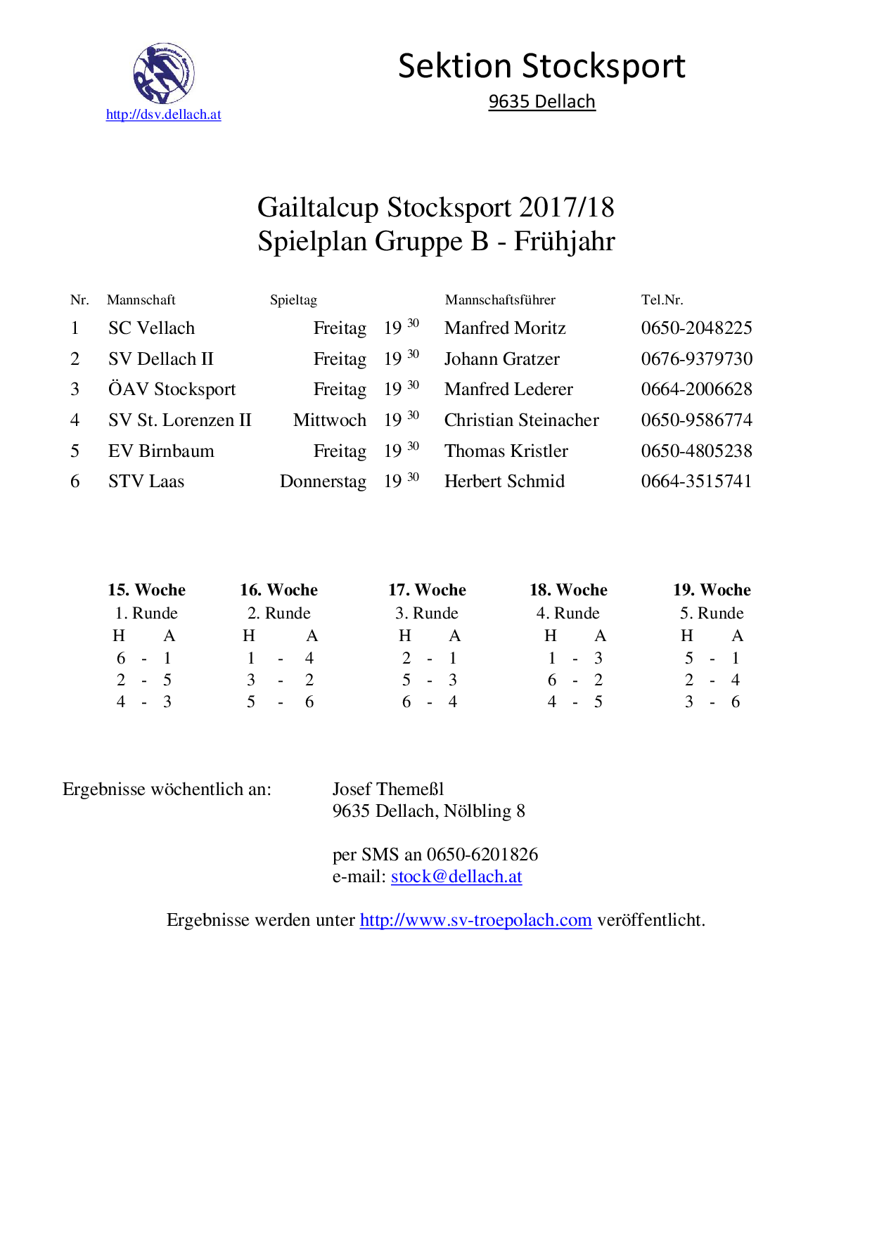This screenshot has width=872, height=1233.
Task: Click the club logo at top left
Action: [x=164, y=73]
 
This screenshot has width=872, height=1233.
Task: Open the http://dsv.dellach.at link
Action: [x=163, y=115]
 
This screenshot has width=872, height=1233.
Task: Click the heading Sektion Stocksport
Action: [x=541, y=66]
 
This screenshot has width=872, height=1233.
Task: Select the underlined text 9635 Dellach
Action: [x=541, y=102]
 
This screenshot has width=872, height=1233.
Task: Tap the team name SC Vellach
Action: [x=151, y=328]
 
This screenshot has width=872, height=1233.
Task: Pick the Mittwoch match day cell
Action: [x=329, y=420]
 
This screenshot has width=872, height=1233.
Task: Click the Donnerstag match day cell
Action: [x=323, y=482]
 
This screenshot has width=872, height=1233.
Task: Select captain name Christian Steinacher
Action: [x=521, y=420]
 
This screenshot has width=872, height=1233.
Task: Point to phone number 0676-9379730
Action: [x=696, y=359]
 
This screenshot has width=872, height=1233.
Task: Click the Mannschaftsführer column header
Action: [x=500, y=300]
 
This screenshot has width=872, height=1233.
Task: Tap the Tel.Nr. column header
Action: [x=662, y=300]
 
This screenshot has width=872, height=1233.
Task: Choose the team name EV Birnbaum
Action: [x=161, y=451]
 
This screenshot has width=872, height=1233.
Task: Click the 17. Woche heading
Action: [x=427, y=590]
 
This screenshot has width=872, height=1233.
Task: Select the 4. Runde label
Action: [x=568, y=613]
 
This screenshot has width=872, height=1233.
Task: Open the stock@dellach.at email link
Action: [x=456, y=877]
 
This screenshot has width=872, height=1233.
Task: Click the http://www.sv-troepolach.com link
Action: [x=475, y=920]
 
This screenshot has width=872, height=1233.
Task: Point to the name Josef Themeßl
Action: [x=388, y=789]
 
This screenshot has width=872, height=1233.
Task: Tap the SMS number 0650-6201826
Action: [x=482, y=855]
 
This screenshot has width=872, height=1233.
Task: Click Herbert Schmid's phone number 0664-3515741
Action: [x=696, y=482]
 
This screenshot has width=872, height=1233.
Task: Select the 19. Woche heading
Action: [x=712, y=590]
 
